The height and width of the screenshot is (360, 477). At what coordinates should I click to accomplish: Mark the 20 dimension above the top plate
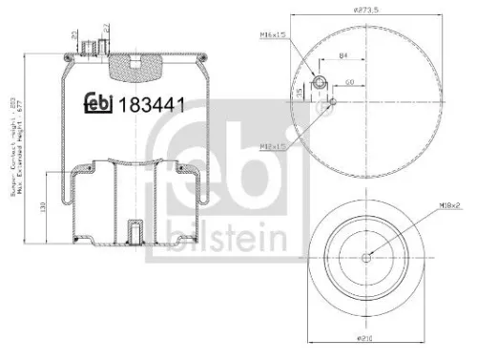tap(73, 36)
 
